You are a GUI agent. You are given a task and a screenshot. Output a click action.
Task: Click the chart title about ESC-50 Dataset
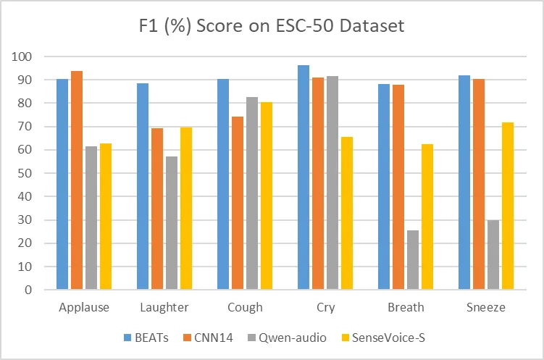pos(272,27)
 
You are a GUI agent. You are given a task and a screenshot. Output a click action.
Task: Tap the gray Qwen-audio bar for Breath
pos(413,260)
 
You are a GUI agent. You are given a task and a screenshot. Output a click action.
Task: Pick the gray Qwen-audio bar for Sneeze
pos(493,255)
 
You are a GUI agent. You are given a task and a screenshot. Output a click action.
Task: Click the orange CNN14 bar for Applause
pos(77,180)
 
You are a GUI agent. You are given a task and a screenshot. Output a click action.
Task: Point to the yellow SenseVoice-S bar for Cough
pos(267,196)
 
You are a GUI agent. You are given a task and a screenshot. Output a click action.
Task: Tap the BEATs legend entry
pos(146,337)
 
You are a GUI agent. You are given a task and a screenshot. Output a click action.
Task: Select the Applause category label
pos(84,308)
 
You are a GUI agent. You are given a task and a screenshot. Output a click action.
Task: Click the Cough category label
pos(245,308)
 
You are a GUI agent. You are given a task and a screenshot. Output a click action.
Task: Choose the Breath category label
pos(406,308)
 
